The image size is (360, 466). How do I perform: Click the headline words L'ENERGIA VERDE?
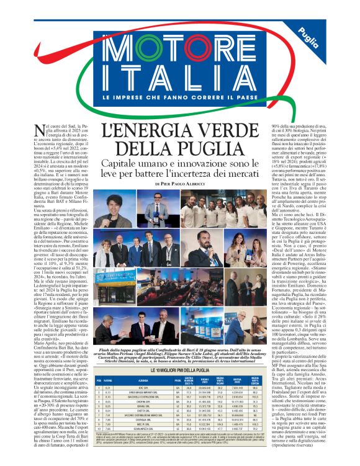click(x=179, y=132)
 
